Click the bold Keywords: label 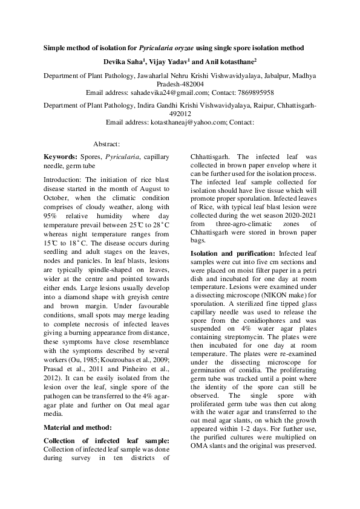[62, 157]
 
